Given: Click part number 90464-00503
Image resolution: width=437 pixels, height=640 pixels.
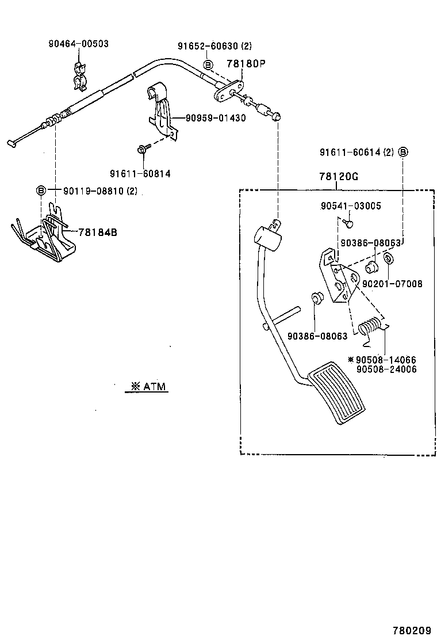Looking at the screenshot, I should (79, 44).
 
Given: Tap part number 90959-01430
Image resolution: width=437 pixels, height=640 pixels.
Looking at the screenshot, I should (216, 119).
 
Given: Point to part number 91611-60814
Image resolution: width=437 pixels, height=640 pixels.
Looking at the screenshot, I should (140, 173).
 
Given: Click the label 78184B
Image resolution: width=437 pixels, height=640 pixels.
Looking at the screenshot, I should (98, 233).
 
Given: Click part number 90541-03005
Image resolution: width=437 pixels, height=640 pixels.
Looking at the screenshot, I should (350, 205).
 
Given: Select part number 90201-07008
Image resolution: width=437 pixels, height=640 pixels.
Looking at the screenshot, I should (393, 284).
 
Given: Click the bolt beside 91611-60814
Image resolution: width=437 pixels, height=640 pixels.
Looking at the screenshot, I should (143, 150).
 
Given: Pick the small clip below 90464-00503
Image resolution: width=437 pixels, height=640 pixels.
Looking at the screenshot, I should (79, 74).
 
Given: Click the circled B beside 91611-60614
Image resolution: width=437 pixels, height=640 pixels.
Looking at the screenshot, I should (403, 152).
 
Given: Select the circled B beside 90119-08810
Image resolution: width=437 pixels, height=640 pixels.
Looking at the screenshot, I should (41, 191).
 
